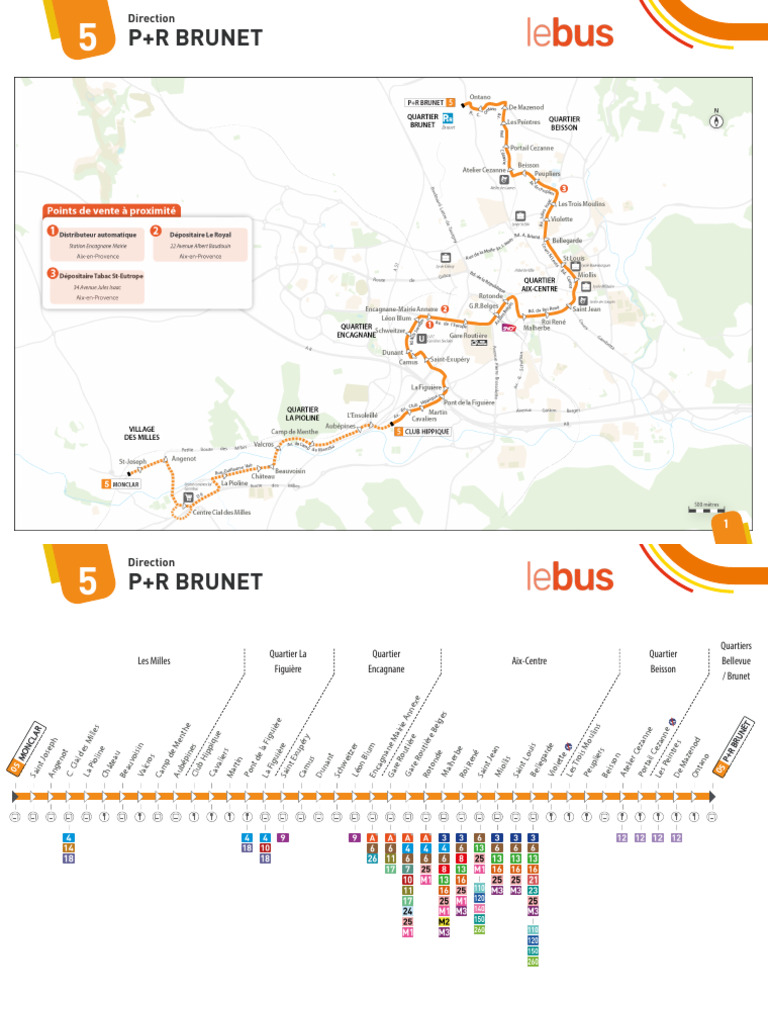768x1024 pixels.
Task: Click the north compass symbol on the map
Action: pos(716,120)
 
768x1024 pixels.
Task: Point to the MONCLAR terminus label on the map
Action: pos(123,484)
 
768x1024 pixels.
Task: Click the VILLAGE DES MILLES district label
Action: pos(143,433)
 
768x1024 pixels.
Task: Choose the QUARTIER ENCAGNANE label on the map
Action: pos(358,330)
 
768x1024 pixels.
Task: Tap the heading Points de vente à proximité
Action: pos(111,211)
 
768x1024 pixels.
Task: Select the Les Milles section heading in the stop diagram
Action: pos(155,661)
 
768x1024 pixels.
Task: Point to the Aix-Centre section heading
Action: pos(529,661)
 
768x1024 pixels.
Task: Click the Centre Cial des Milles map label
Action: pos(222,512)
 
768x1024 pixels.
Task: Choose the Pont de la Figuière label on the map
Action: pos(469,402)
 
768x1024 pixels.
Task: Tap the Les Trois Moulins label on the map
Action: pos(581,203)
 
